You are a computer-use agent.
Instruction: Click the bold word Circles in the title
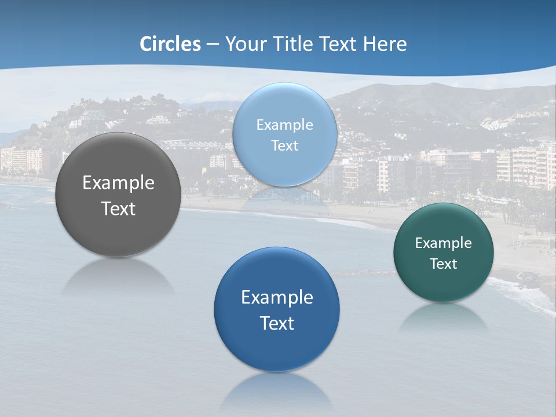point(170,44)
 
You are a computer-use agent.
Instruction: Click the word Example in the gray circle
point(118,183)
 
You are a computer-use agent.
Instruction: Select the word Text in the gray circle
point(118,209)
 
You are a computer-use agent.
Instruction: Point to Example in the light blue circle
point(285,125)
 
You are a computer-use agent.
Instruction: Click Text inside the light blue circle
point(285,146)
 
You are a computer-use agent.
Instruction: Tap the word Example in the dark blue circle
point(277,298)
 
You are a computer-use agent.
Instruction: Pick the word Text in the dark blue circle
point(277,323)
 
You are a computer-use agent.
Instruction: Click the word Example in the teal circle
point(444,243)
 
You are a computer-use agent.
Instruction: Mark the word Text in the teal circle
point(444,264)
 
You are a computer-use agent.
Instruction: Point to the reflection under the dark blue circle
point(277,391)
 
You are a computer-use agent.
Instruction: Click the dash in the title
point(212,44)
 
